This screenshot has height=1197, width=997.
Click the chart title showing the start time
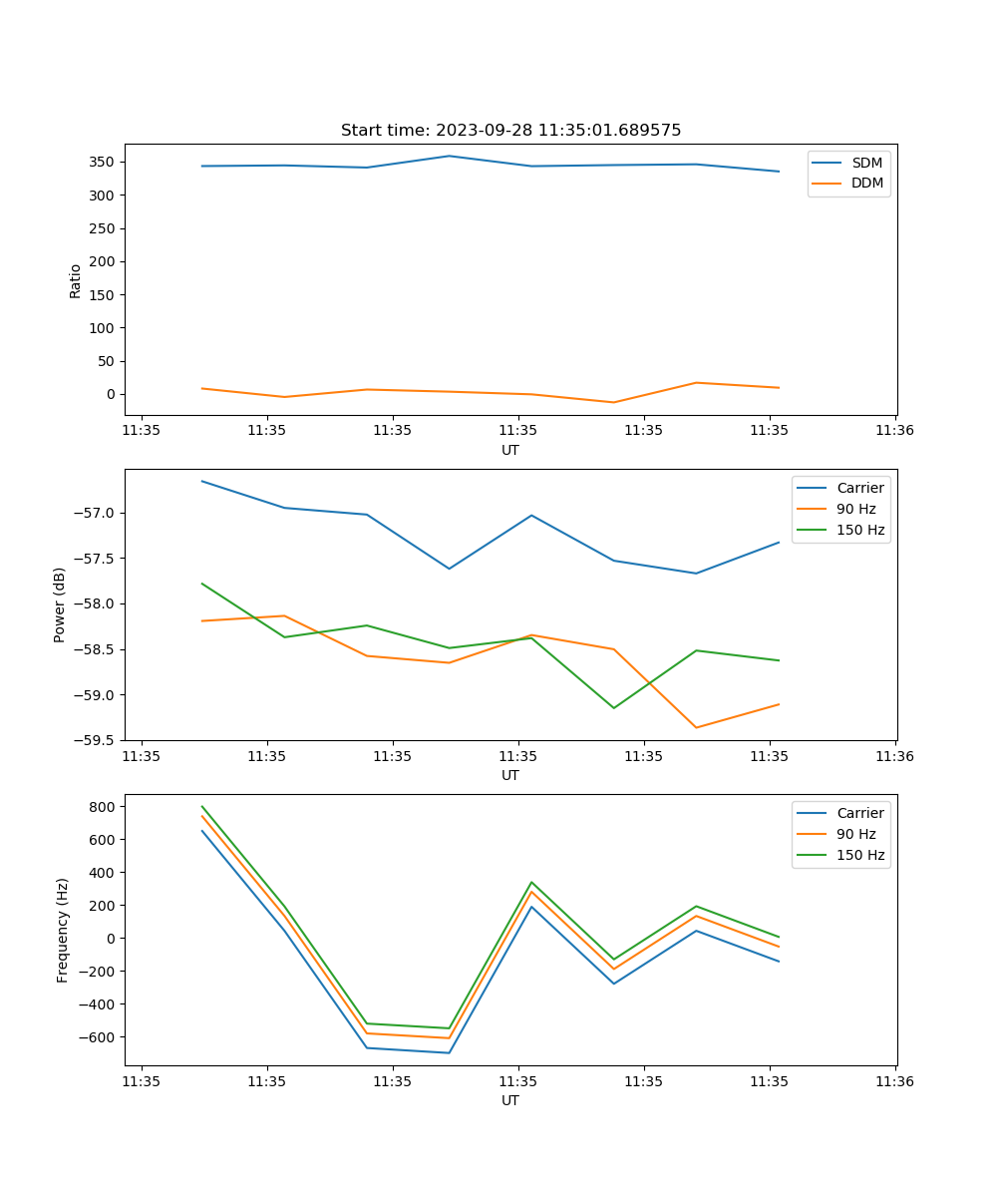[510, 131]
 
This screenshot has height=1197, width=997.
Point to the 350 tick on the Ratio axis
[104, 162]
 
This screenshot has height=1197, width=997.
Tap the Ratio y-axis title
[75, 281]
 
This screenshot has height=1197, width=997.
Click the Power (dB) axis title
[60, 604]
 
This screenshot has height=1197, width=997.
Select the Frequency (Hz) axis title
[63, 930]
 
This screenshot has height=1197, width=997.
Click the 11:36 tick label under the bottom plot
[894, 1081]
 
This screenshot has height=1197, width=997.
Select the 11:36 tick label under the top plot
[894, 431]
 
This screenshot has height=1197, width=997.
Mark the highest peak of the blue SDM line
[449, 156]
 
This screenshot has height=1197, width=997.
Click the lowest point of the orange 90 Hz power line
[696, 727]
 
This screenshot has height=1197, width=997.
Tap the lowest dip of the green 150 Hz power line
[613, 708]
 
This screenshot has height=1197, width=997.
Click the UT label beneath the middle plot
[510, 775]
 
